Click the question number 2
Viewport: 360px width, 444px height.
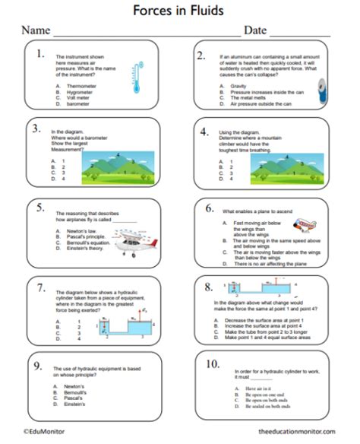coord(201,55)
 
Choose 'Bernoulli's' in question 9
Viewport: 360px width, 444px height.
coord(73,392)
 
